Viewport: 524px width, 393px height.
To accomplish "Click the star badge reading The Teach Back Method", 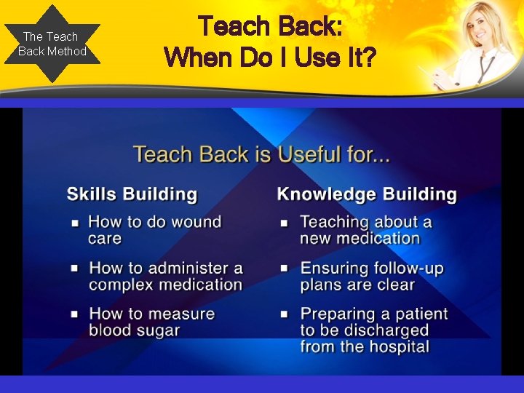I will point(52,44).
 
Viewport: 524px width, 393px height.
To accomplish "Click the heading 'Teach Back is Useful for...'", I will point(261,154).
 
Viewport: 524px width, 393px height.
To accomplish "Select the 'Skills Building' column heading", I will point(132,194).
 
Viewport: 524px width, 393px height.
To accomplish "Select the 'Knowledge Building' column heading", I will point(367,194).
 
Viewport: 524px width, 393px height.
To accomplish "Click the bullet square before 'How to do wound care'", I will point(74,222).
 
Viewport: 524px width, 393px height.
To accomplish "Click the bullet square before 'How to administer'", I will point(74,269).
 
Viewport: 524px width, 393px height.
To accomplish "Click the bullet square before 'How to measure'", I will point(74,314).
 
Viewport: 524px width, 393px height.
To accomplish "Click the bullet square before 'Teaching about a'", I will point(285,222).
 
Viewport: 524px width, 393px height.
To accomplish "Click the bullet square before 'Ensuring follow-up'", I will point(285,269).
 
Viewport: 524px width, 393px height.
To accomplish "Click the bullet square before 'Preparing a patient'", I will point(285,314).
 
